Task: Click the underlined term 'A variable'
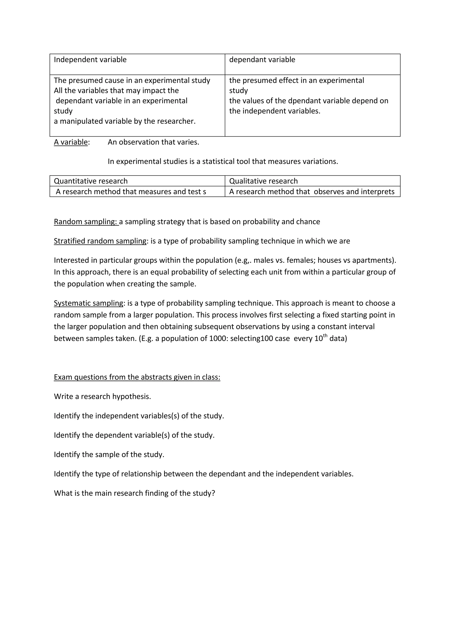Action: point(71,142)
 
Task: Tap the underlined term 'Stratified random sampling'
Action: point(100,241)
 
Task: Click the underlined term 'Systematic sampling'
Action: point(88,303)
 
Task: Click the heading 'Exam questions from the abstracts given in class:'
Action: point(137,377)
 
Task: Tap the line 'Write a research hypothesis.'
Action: point(102,397)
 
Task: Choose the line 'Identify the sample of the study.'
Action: point(109,455)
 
